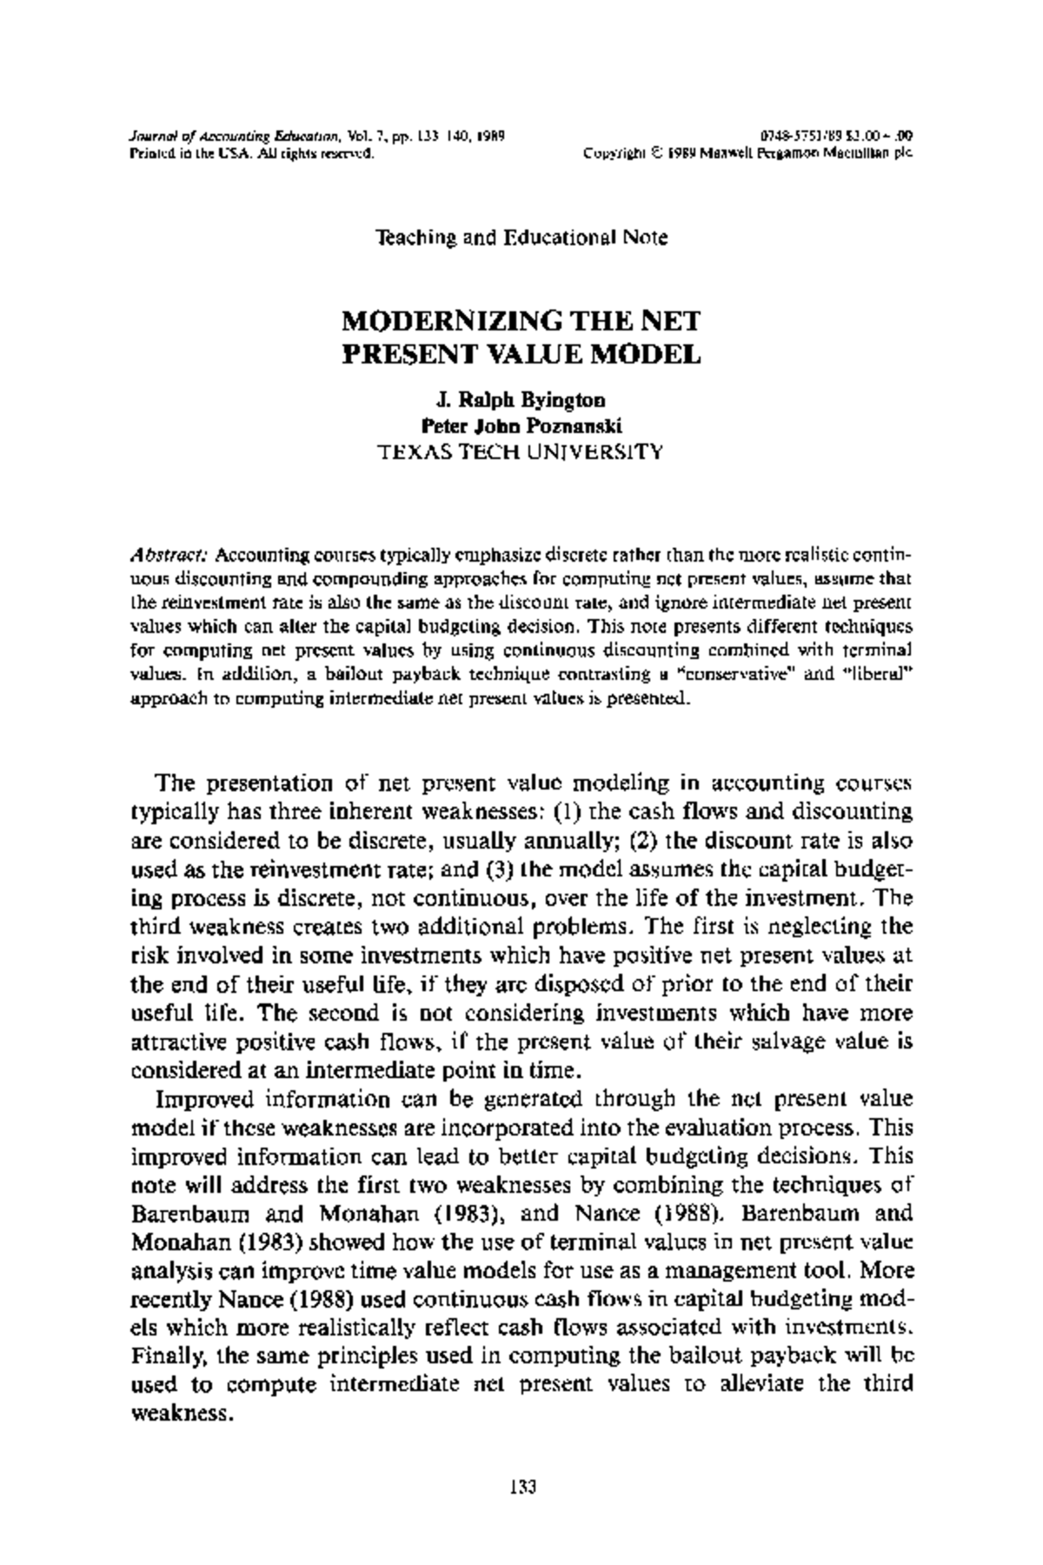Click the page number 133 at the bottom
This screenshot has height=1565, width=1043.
click(521, 1486)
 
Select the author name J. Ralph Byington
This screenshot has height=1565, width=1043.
click(521, 401)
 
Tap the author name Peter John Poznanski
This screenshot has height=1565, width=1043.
click(521, 426)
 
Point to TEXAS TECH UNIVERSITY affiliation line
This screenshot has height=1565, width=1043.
click(521, 451)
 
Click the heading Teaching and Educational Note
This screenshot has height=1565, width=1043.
click(521, 237)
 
